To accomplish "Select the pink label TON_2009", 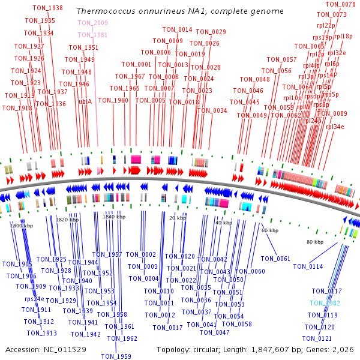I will [92, 23].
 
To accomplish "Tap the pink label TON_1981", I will [92, 35].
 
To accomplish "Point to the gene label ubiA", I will [85, 101].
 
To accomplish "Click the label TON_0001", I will [136, 64].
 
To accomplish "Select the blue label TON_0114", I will [308, 266].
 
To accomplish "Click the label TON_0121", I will [317, 338].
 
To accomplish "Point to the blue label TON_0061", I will [275, 259].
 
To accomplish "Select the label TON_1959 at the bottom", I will [116, 356].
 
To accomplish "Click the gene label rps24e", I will [34, 299].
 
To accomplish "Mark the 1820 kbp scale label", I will [67, 220].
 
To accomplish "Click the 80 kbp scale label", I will [314, 242].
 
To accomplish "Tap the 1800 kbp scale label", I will [21, 226].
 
